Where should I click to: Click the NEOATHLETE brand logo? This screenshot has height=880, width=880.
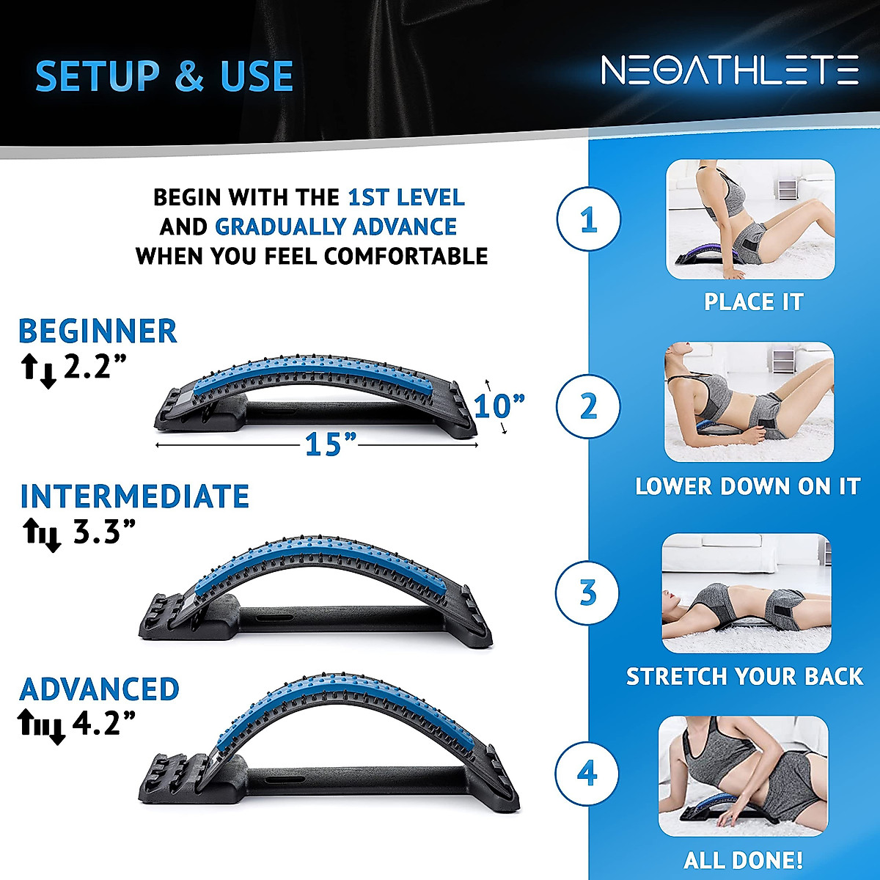(x=729, y=70)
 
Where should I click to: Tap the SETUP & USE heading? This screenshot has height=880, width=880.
(x=164, y=76)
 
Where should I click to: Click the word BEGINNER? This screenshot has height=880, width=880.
(x=98, y=331)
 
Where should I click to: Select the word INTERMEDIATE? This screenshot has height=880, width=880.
(x=134, y=496)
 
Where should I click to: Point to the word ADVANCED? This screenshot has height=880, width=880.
(x=99, y=689)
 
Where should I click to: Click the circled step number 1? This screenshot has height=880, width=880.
(x=588, y=220)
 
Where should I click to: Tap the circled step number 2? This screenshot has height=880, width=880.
(x=588, y=406)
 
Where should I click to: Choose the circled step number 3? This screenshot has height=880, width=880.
(x=587, y=593)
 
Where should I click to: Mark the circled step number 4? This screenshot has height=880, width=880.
(x=587, y=774)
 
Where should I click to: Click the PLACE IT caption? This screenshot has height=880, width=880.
(x=753, y=302)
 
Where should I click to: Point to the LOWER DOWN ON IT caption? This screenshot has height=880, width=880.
(x=747, y=486)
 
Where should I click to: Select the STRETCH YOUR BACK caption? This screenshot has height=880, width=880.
(x=744, y=676)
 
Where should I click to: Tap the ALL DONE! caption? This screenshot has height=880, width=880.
(x=743, y=859)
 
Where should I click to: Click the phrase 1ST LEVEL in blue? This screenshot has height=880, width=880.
(x=406, y=197)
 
